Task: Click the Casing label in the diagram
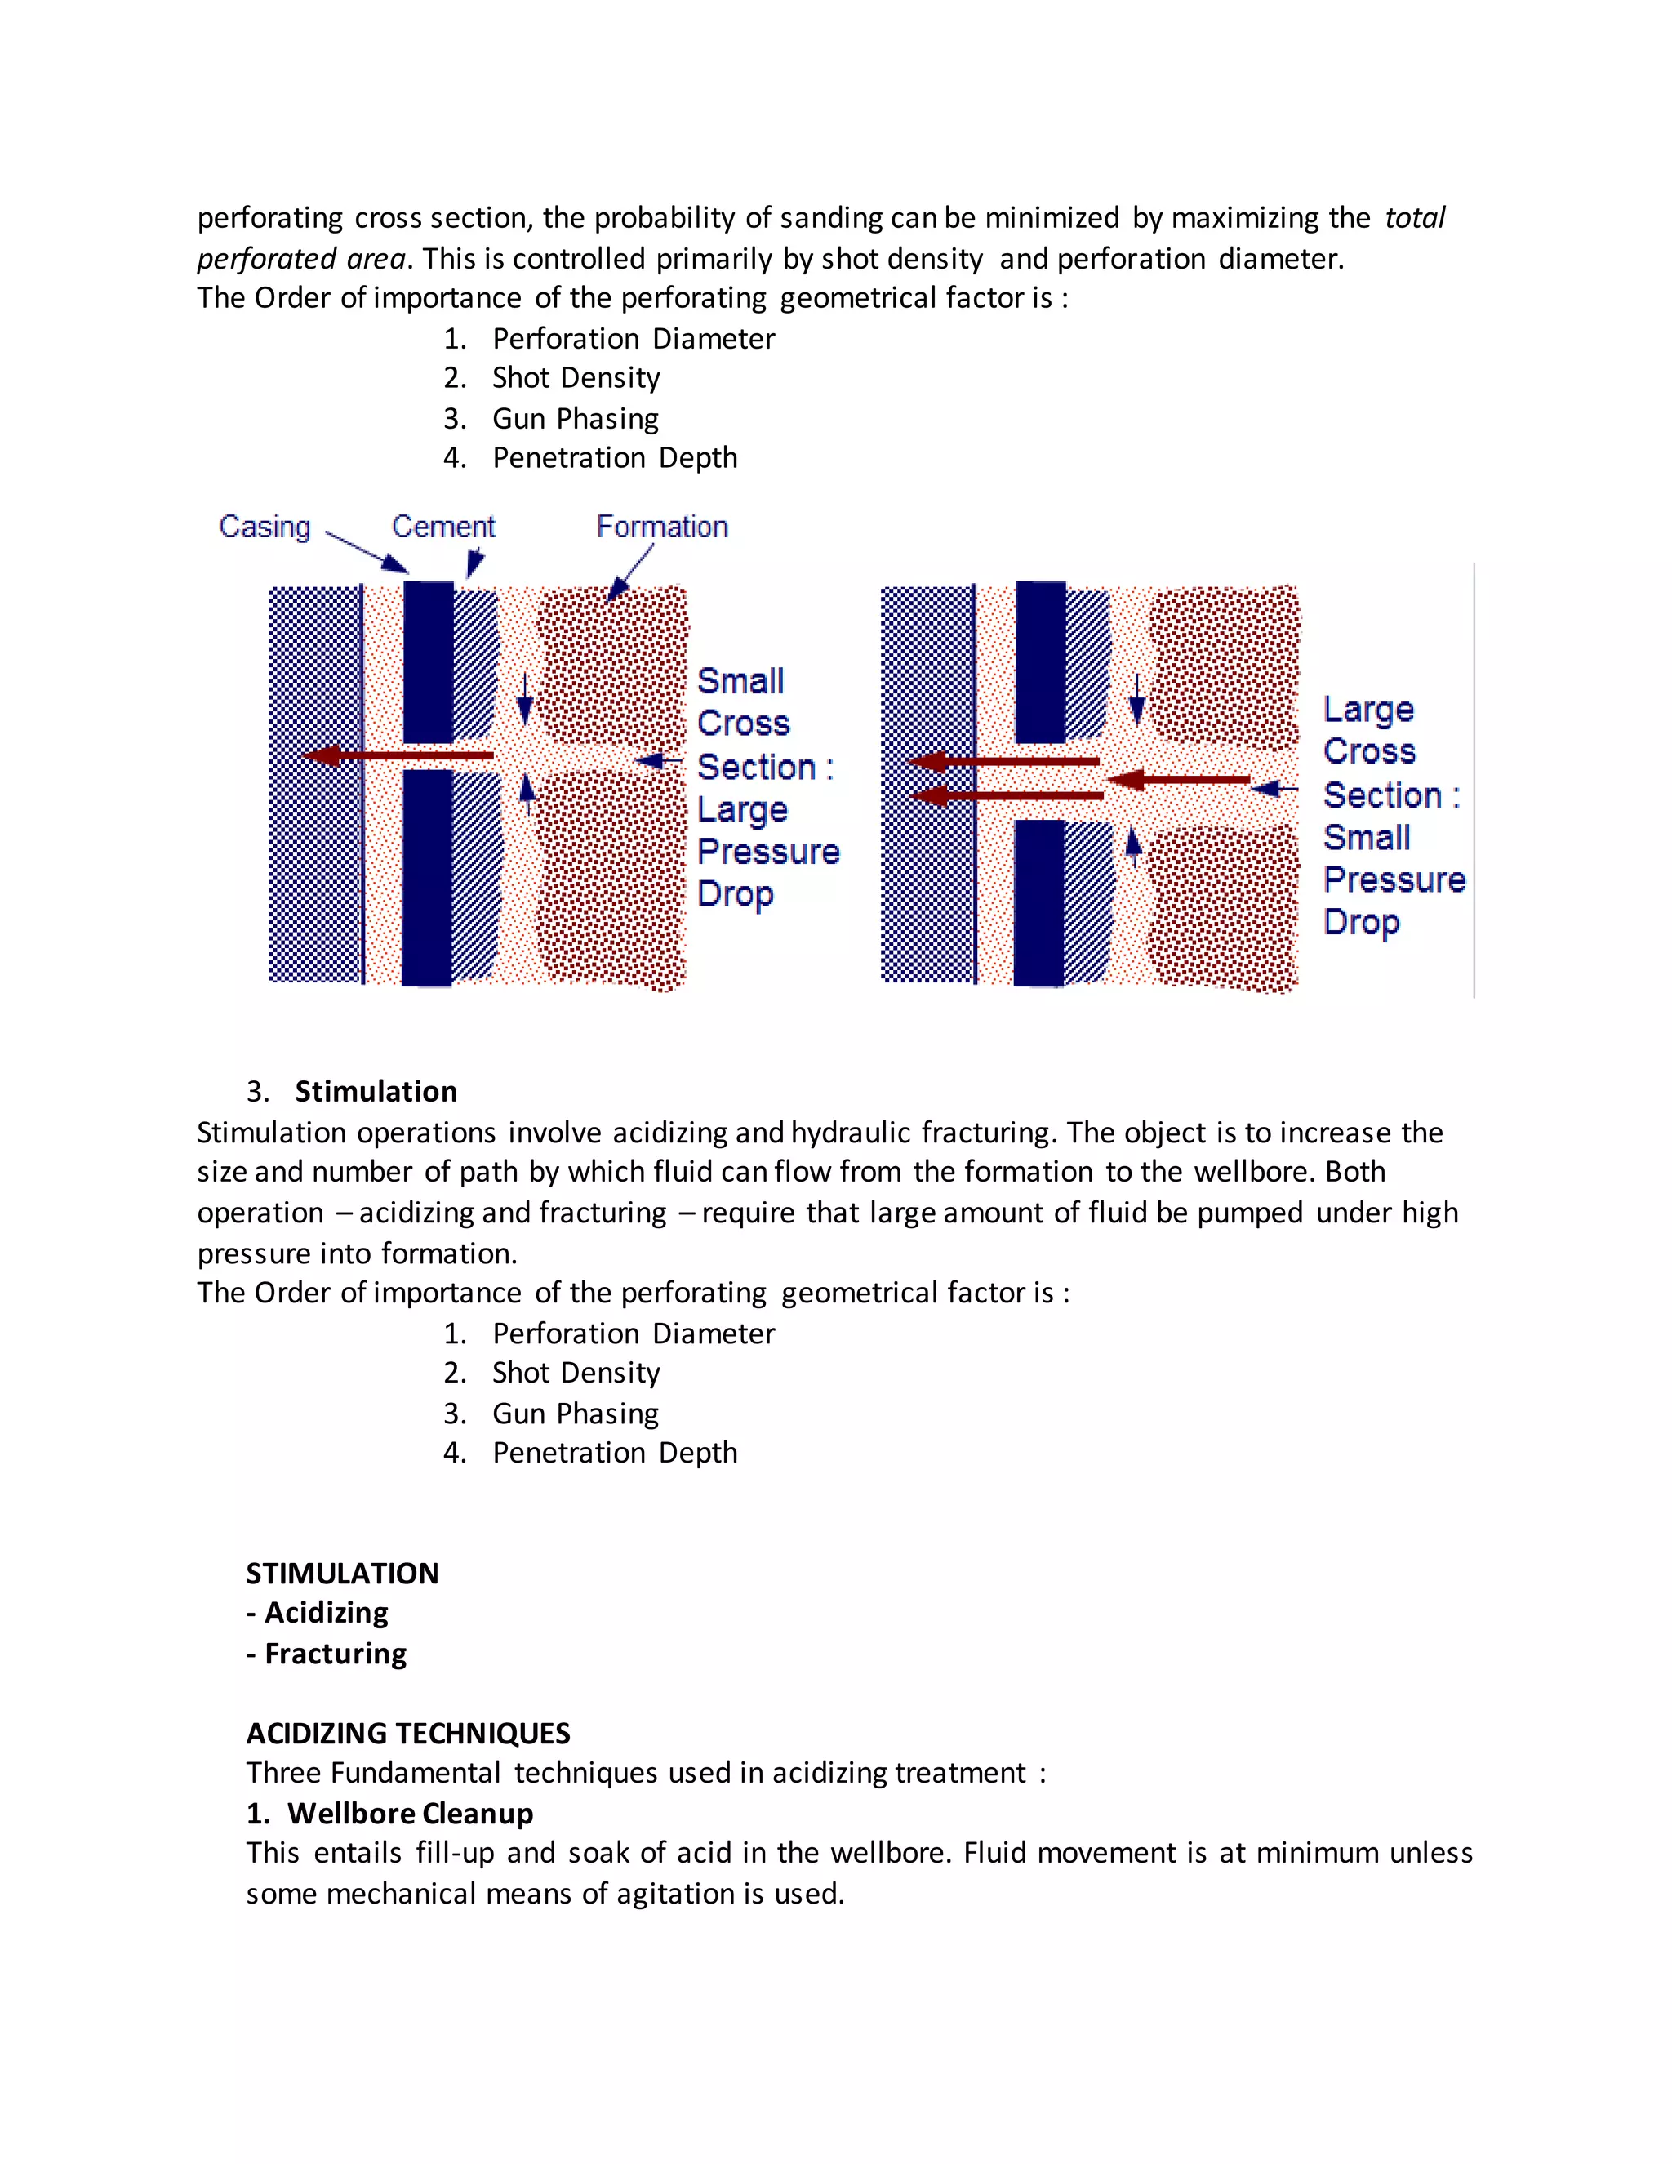pyautogui.click(x=265, y=526)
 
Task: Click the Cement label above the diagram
pyautogui.click(x=442, y=526)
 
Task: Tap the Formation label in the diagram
pyautogui.click(x=661, y=526)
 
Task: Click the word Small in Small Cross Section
pyautogui.click(x=740, y=682)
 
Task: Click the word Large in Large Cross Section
pyautogui.click(x=1368, y=710)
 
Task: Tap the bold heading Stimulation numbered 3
pyautogui.click(x=376, y=1091)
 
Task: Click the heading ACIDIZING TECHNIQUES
pyautogui.click(x=408, y=1733)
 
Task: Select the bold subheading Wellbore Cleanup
pyautogui.click(x=410, y=1813)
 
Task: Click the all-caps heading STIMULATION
pyautogui.click(x=342, y=1574)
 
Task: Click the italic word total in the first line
pyautogui.click(x=1415, y=218)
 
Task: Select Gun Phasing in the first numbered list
pyautogui.click(x=576, y=418)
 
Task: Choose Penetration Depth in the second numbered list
pyautogui.click(x=614, y=1453)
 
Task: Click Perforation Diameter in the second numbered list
pyautogui.click(x=633, y=1334)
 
